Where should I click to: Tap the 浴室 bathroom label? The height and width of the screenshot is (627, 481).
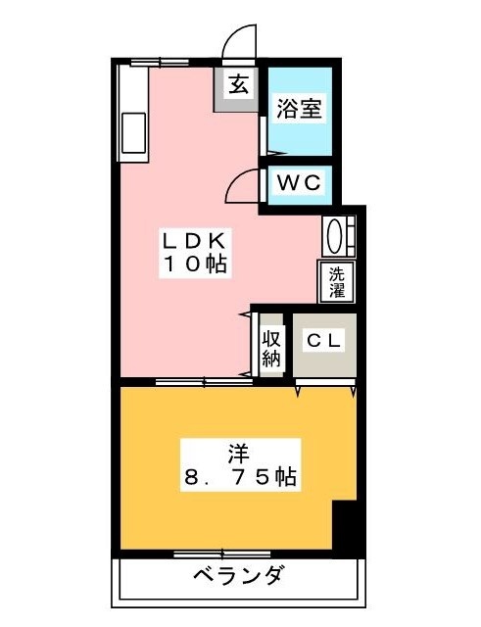299,108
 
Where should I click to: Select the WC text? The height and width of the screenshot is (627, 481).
299,183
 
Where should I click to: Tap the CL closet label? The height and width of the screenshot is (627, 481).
324,341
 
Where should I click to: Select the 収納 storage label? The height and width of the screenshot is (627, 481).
271,348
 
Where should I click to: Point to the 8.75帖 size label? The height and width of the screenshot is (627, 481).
239,478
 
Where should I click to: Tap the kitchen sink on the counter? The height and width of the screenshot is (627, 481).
133,134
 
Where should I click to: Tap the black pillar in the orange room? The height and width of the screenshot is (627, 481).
346,528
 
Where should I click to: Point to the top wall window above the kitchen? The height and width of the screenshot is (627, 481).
147,63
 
